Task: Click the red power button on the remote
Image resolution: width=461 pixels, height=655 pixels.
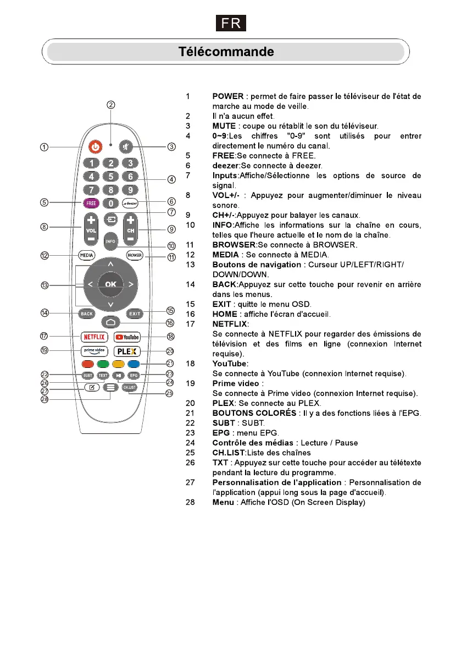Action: point(96,147)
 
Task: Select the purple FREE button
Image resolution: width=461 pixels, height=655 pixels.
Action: point(91,203)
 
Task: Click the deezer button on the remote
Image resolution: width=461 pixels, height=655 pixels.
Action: point(130,203)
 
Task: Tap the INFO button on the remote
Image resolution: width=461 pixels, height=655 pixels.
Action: point(110,241)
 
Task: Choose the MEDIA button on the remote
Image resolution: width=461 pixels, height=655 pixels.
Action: point(86,255)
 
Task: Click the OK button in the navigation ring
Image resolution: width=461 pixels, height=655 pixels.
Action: point(110,284)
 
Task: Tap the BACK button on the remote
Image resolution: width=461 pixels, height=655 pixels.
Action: point(87,313)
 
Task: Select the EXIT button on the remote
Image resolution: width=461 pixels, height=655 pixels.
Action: point(135,313)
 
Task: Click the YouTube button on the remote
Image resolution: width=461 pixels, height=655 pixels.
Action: point(127,337)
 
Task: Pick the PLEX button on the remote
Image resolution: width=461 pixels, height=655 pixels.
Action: point(127,351)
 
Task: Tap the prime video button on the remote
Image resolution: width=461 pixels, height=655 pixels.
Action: point(93,351)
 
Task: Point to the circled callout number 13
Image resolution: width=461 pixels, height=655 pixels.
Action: point(45,285)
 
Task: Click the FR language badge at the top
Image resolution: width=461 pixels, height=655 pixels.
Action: point(230,24)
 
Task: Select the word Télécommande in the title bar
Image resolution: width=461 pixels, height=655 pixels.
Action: point(226,52)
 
